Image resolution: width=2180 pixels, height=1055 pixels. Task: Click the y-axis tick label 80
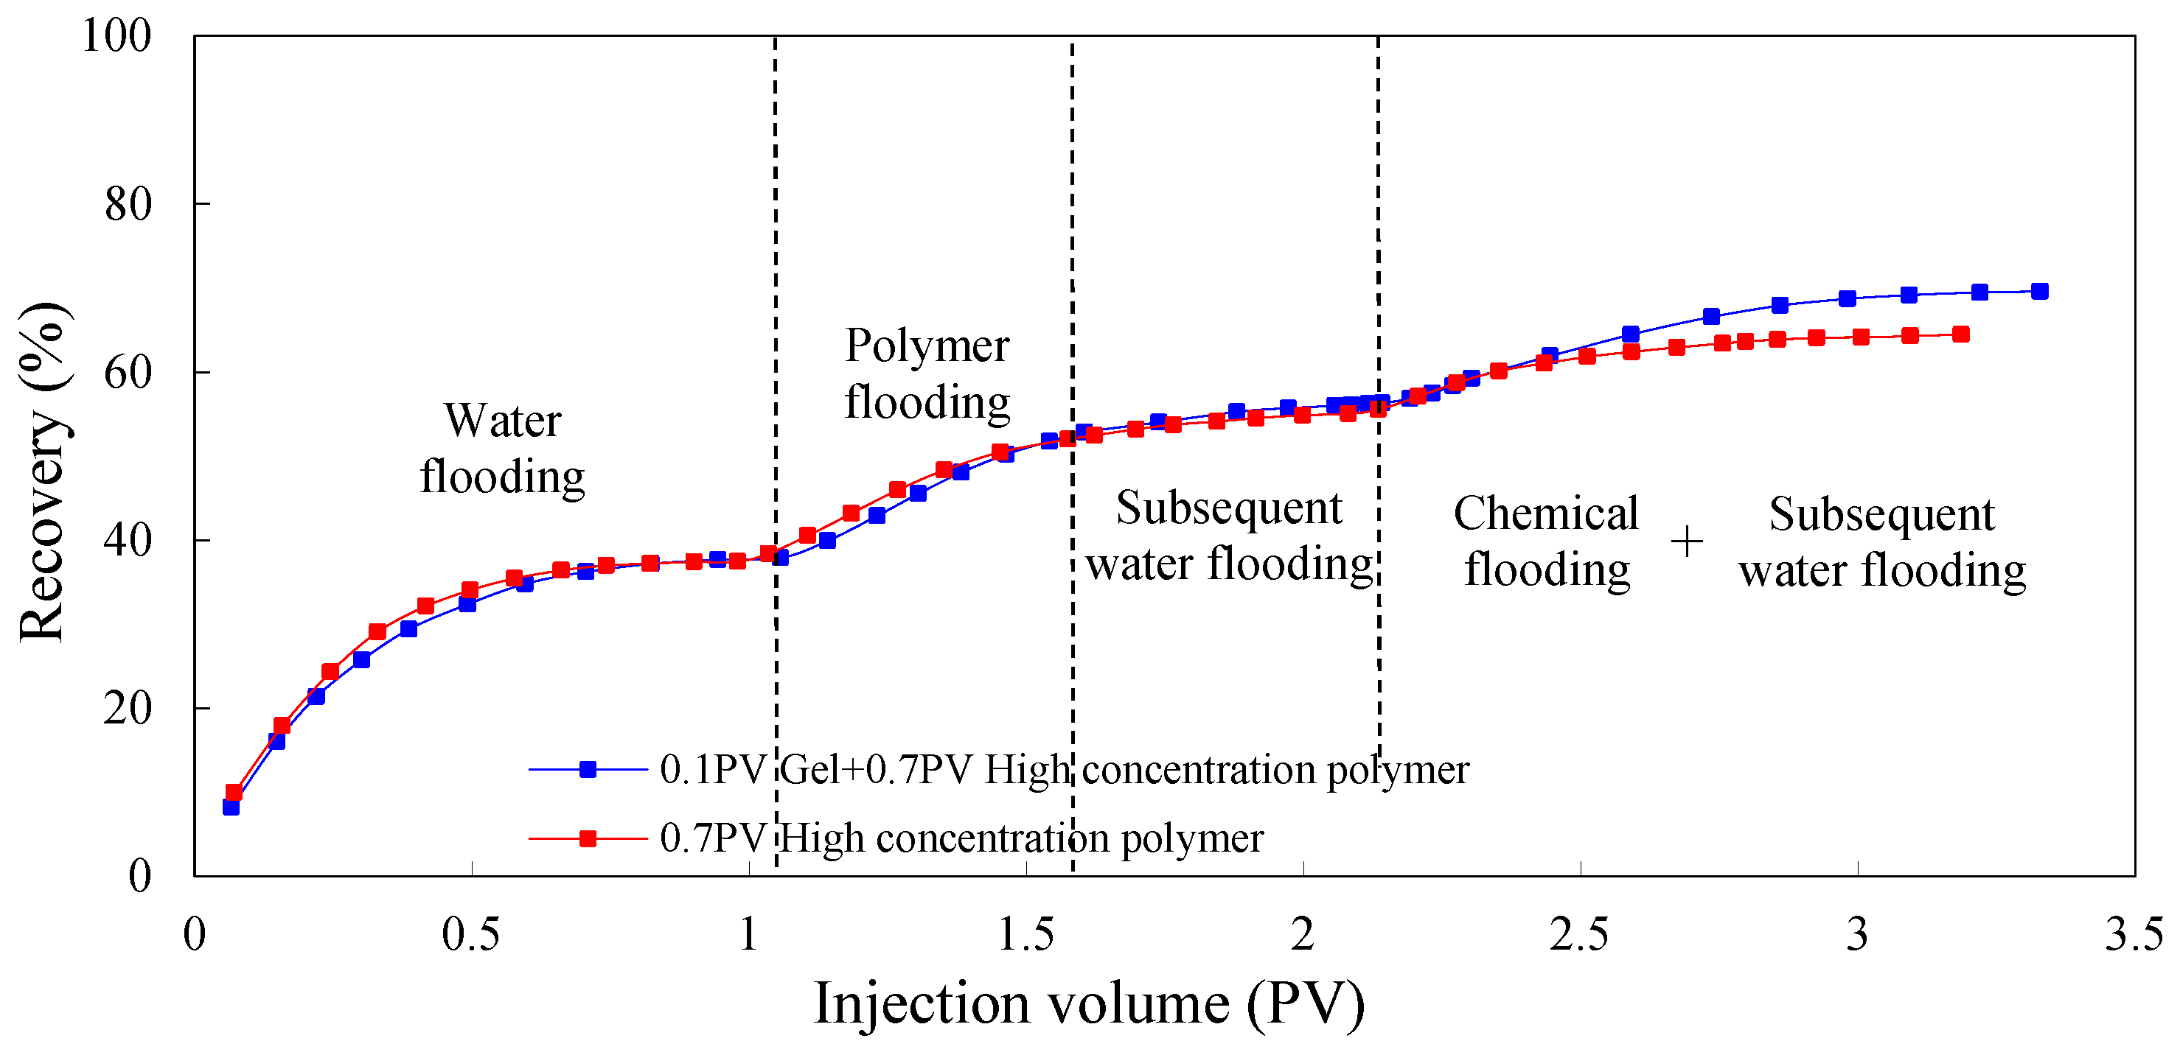tap(128, 204)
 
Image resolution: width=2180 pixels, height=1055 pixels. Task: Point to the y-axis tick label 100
tap(116, 35)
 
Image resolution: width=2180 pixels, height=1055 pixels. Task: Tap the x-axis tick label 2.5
tap(1579, 935)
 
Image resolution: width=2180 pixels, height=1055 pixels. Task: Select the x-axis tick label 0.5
tap(470, 935)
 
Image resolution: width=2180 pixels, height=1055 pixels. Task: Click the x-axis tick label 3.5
tap(2134, 935)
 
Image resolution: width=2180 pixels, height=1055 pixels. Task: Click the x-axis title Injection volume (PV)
tap(1088, 1004)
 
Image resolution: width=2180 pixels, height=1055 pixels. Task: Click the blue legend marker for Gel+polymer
tap(588, 769)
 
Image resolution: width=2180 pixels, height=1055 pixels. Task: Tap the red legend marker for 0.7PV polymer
tap(588, 838)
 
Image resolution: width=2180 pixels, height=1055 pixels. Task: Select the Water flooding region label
tap(503, 449)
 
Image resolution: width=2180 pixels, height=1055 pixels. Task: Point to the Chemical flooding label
tap(1546, 541)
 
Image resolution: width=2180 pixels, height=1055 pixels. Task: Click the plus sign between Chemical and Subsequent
tap(1687, 541)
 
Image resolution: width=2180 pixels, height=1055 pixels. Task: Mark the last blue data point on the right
tap(2039, 291)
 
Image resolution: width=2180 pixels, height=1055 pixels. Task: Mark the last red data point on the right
tap(1961, 334)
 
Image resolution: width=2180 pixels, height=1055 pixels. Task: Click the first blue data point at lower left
tap(231, 807)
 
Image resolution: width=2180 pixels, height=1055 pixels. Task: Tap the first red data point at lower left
tap(234, 792)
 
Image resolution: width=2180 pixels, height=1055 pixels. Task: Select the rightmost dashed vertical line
tap(1379, 254)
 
